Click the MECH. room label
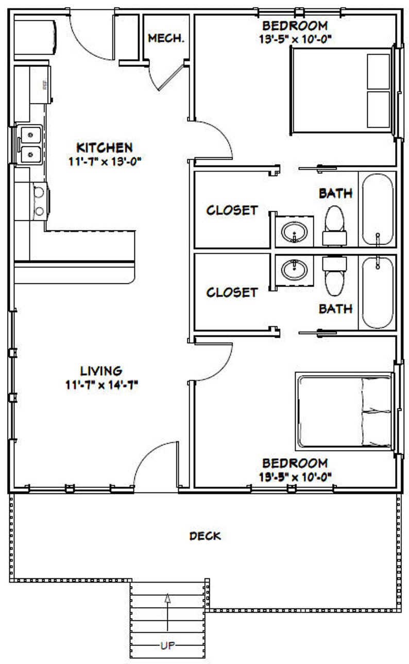(166, 39)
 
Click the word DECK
(205, 536)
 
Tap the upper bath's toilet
(334, 225)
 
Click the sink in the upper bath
(294, 231)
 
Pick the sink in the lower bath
(294, 269)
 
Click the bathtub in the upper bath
(378, 209)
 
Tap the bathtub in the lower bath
(378, 292)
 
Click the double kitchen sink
(30, 145)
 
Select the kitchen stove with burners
(39, 201)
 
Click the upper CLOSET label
(232, 210)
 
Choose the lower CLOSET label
(232, 292)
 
